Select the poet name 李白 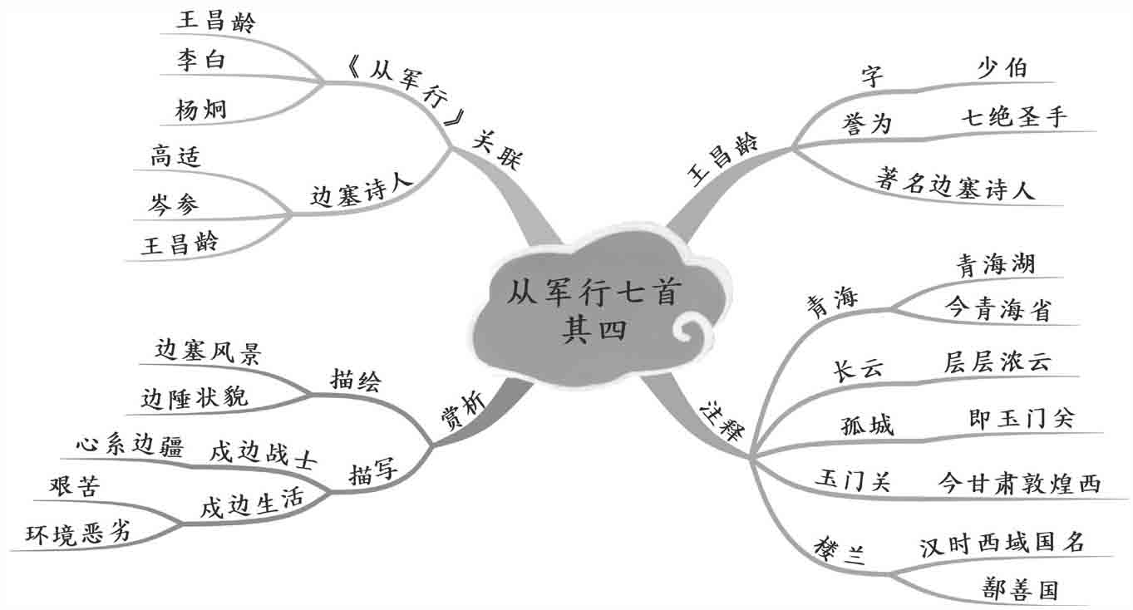click(x=200, y=61)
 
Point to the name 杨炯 click(x=200, y=109)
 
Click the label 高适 click(x=175, y=156)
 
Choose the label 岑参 click(x=175, y=203)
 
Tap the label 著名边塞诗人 click(x=955, y=184)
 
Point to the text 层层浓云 click(x=998, y=362)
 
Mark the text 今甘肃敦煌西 click(x=1018, y=482)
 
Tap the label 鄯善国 click(x=1019, y=590)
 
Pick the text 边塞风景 click(x=209, y=354)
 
